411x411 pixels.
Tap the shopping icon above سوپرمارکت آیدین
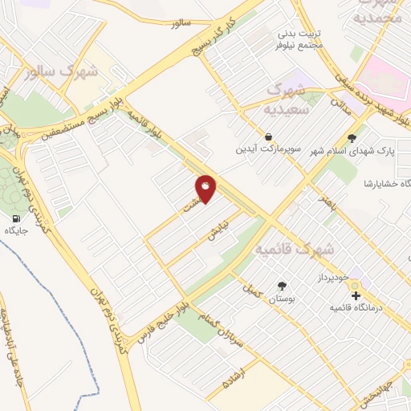click(267, 137)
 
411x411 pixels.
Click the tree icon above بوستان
click(281, 286)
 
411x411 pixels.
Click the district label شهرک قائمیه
click(294, 251)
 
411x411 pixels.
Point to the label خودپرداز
click(330, 277)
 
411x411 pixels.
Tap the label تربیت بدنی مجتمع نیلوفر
click(299, 40)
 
